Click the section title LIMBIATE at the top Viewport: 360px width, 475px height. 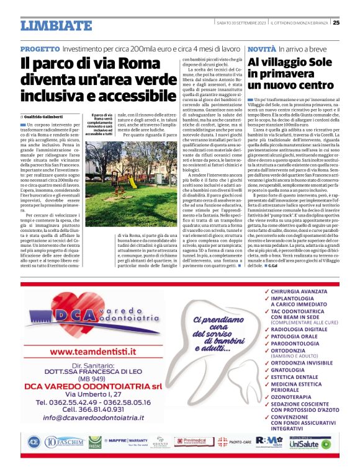[56, 25]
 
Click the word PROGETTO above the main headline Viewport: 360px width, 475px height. [39, 48]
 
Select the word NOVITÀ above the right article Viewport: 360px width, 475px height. [261, 48]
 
